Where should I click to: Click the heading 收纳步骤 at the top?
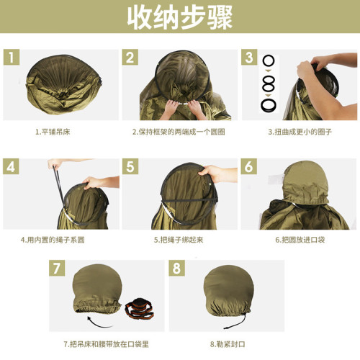[x=179, y=19]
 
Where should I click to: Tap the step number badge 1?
[x=12, y=58]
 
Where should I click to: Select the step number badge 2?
[x=130, y=58]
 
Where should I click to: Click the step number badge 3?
[x=249, y=58]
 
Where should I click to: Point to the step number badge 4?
[x=12, y=167]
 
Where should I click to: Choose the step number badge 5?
[x=130, y=167]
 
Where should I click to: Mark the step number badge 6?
[x=249, y=167]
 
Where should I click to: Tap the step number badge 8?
[x=178, y=269]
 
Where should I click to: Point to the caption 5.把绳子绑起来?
[x=179, y=239]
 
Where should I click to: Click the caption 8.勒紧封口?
[x=228, y=343]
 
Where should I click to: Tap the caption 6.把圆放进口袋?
[x=296, y=239]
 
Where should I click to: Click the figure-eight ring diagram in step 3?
[x=269, y=84]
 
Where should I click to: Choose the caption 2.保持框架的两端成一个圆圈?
[x=179, y=132]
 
